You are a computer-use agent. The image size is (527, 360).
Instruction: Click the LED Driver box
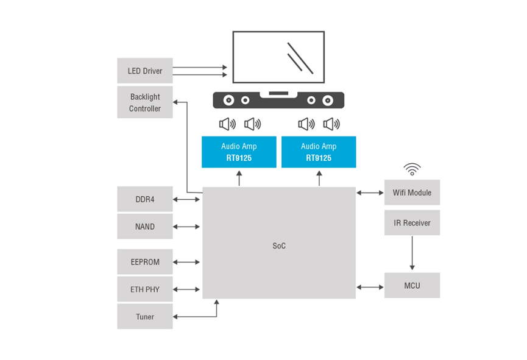[145, 71]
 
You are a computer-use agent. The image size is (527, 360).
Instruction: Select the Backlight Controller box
[145, 102]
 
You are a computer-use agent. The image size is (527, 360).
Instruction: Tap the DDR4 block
[145, 199]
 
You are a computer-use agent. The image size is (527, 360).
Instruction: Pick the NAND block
[145, 227]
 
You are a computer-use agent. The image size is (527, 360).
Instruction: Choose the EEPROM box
[145, 262]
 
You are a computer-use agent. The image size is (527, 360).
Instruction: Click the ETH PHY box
[145, 289]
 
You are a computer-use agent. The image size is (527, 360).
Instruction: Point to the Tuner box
[145, 317]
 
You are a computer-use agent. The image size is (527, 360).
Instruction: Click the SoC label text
[279, 246]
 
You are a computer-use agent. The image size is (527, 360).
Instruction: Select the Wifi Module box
[412, 192]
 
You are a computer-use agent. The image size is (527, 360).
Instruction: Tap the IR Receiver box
[412, 223]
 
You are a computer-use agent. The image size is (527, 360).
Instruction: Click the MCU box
[412, 286]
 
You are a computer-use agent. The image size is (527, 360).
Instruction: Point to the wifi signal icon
[412, 169]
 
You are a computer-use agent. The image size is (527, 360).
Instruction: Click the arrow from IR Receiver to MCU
[412, 253]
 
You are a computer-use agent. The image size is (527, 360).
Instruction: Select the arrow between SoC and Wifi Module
[370, 193]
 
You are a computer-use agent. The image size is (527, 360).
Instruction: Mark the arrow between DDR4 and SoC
[187, 199]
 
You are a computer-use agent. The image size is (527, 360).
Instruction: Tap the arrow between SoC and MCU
[370, 286]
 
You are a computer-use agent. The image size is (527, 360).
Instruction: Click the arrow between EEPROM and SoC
[187, 262]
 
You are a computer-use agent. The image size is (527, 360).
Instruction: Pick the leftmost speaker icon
[227, 124]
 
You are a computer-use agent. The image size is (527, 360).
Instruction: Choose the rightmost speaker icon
[331, 124]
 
